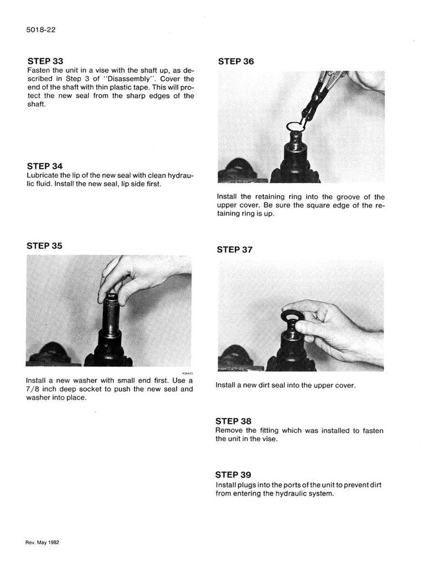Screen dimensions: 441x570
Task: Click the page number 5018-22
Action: point(41,30)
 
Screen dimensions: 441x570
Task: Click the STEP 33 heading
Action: point(45,61)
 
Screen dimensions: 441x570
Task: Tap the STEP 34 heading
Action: point(45,166)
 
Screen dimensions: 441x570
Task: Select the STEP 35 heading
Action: point(44,246)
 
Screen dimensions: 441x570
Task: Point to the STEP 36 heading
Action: point(236,62)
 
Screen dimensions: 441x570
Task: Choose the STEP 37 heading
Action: point(235,250)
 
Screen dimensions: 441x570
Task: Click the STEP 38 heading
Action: point(233,421)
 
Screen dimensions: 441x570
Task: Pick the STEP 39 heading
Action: point(233,475)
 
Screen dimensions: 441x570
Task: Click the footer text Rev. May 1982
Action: point(42,542)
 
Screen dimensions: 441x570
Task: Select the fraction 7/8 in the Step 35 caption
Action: point(33,389)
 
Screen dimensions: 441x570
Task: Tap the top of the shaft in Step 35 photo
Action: point(111,295)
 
